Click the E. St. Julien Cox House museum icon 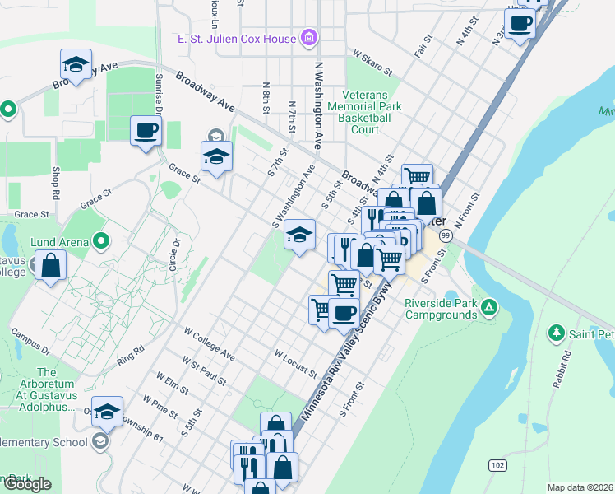308,37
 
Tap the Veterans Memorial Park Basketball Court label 365,112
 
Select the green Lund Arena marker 101,241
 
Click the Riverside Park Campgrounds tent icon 489,308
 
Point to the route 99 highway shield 444,236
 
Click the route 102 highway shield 497,464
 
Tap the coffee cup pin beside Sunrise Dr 146,131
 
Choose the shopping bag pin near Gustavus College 50,266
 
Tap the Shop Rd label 56,182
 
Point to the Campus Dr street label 30,342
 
